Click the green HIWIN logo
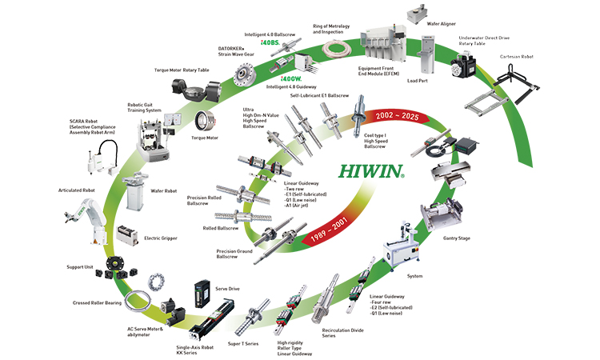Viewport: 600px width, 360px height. pos(370,170)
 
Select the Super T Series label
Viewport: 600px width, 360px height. pos(244,343)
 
